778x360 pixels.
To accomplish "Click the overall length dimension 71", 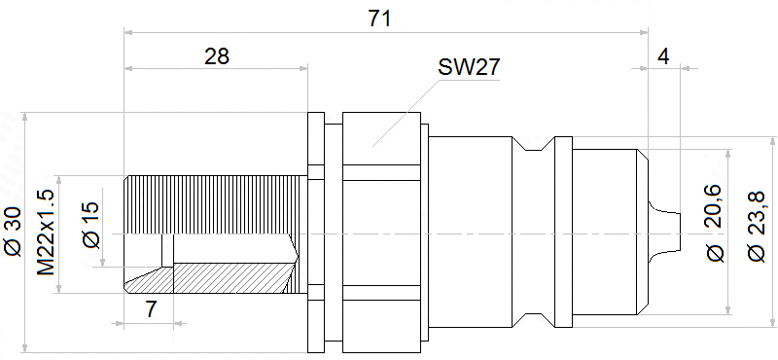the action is (379, 18).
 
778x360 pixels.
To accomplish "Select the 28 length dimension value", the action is (217, 56).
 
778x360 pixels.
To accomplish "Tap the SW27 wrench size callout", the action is (469, 67).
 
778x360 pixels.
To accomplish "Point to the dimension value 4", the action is (663, 57).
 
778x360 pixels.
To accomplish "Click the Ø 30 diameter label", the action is (14, 231).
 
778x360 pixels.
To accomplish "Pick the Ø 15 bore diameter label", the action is (91, 225).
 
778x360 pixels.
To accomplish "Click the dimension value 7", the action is (151, 309).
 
